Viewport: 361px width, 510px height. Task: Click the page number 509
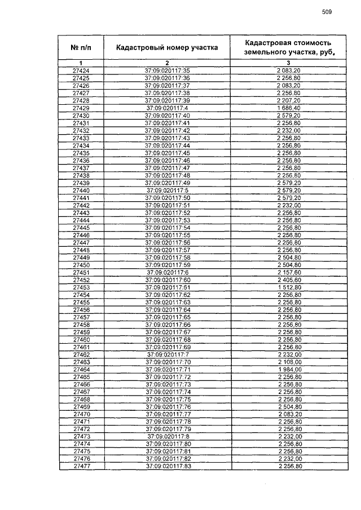[x=327, y=12]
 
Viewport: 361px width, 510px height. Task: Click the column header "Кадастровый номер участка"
[x=167, y=48]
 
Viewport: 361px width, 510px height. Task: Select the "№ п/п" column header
[x=81, y=48]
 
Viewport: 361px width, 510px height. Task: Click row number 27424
[x=81, y=70]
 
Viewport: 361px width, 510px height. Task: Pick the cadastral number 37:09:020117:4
[x=167, y=108]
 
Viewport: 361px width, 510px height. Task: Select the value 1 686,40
[x=288, y=108]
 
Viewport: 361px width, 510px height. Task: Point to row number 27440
[x=81, y=190]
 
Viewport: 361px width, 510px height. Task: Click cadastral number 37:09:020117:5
[x=167, y=190]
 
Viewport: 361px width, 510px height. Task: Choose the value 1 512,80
[x=288, y=287]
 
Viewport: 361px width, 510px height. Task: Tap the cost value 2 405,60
[x=288, y=280]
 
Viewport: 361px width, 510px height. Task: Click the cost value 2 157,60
[x=288, y=272]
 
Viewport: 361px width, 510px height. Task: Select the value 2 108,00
[x=288, y=362]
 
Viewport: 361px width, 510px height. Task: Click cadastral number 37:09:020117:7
[x=167, y=354]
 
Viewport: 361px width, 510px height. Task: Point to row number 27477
[x=81, y=467]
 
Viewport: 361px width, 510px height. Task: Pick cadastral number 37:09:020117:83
[x=167, y=467]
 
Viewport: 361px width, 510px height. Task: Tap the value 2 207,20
[x=288, y=100]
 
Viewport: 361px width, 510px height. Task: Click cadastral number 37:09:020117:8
[x=167, y=437]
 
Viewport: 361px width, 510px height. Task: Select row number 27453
[x=81, y=287]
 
